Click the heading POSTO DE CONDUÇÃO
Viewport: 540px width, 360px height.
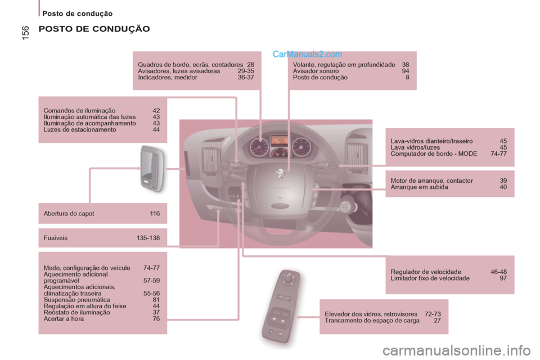94,29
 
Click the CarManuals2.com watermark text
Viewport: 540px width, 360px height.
307,55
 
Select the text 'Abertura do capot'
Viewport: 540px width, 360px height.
69,214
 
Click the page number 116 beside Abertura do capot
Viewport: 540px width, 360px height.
155,214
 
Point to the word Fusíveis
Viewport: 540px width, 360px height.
55,238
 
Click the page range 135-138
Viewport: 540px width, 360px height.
148,238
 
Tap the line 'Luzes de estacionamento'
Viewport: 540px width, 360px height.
80,129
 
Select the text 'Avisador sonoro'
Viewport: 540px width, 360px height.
316,71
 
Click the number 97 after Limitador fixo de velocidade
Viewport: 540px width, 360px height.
503,278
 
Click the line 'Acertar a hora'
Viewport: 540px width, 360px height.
64,318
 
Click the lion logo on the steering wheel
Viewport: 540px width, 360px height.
279,173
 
